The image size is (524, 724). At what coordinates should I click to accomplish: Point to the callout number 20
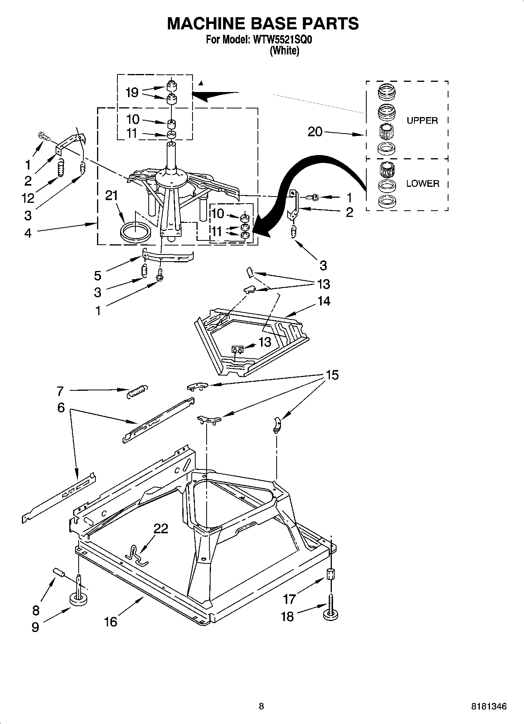coord(315,132)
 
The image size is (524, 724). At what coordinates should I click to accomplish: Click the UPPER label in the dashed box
coord(422,121)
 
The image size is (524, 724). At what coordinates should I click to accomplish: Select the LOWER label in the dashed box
coord(422,183)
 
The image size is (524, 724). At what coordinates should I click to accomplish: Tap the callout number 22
coord(160,529)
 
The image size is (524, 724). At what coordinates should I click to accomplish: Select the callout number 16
coord(111,621)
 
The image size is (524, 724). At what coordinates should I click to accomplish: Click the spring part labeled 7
coord(138,391)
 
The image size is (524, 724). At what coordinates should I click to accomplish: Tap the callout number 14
coord(324,301)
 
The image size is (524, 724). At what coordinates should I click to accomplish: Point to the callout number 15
coord(332,375)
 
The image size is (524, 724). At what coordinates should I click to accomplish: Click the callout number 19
coord(132,92)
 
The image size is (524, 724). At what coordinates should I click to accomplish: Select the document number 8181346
coord(488,707)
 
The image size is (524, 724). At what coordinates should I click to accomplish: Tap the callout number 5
coord(97,275)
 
